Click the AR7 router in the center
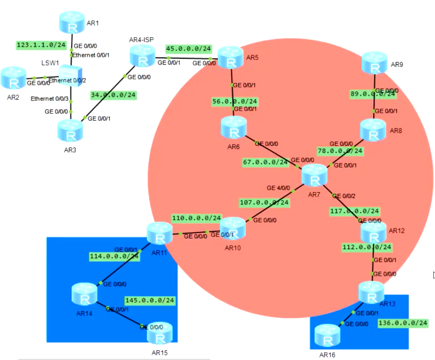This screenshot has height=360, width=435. click(314, 177)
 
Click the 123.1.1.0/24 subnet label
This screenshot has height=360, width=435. click(41, 45)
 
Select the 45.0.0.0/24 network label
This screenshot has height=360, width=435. click(189, 49)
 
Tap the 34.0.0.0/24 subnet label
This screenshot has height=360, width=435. click(113, 95)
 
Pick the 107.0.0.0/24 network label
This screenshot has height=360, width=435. click(265, 202)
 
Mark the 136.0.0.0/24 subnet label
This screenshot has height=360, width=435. click(403, 323)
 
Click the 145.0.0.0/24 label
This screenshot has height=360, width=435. click(150, 300)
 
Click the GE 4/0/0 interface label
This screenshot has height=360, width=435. click(278, 188)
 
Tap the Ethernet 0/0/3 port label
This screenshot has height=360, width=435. click(44, 99)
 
